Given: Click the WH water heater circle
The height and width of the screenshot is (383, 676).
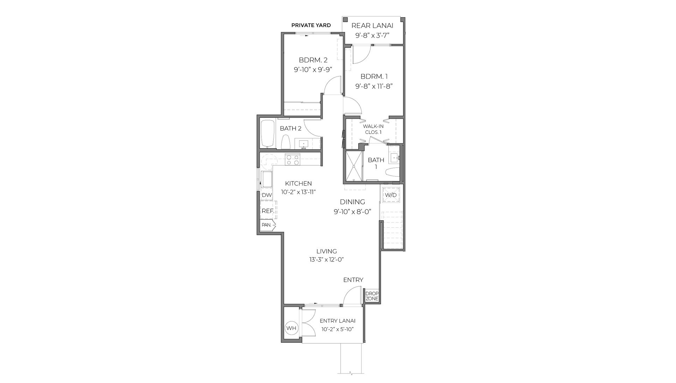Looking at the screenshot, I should click(x=291, y=328).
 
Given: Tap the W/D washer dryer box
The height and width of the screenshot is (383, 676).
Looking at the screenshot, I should click(x=390, y=195).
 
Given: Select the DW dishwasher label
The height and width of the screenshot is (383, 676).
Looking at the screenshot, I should click(x=267, y=195).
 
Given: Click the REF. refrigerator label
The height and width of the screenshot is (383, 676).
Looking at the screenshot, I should click(x=267, y=211).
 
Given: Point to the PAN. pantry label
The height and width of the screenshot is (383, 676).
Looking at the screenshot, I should click(x=267, y=225).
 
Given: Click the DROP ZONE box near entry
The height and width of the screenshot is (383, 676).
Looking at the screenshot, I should click(x=372, y=296).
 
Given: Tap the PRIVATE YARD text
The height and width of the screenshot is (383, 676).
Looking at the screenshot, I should click(x=311, y=25).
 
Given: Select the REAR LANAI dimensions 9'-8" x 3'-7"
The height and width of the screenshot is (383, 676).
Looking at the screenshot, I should click(x=372, y=35).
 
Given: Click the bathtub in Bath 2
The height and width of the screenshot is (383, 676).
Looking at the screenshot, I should click(x=268, y=134).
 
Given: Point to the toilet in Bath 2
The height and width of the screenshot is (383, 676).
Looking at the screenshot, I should click(x=286, y=142).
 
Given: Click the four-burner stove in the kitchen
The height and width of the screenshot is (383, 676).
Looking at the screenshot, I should click(x=293, y=160).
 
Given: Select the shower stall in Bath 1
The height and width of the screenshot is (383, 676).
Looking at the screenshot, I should click(x=354, y=166).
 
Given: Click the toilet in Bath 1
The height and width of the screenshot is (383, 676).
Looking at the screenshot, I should click(x=392, y=172).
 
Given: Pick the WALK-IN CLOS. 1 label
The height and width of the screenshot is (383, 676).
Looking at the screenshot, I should click(x=373, y=129).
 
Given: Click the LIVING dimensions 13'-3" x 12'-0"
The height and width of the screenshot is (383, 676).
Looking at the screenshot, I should click(x=326, y=260).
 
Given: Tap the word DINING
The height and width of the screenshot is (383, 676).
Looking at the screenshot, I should click(x=352, y=202).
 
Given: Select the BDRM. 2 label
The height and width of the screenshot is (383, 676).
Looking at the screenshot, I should click(x=313, y=60).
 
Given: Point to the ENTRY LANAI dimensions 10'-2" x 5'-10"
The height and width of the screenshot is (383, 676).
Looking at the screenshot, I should click(x=338, y=329).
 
